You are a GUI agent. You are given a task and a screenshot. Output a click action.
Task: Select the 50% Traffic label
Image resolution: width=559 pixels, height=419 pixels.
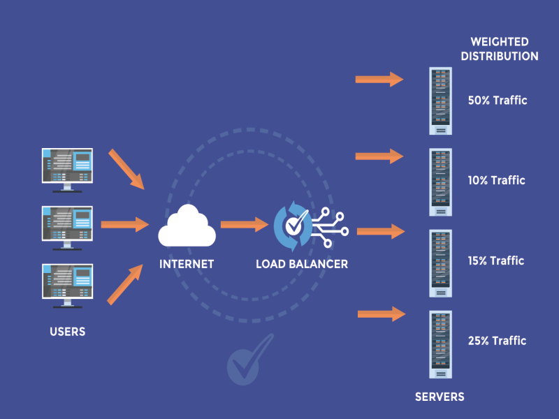[x=498, y=101]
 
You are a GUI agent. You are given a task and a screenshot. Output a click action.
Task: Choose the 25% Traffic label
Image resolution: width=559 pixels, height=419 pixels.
[x=497, y=341]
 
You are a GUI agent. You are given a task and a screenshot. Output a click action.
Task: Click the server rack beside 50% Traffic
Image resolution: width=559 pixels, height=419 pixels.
[x=440, y=101]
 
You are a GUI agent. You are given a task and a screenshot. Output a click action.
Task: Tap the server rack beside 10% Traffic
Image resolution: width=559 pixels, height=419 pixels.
[x=440, y=181]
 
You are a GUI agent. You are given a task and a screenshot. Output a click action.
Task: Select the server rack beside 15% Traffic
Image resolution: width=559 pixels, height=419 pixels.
[x=440, y=261]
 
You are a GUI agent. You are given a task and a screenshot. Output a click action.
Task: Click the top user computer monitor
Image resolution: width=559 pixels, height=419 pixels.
[x=67, y=168]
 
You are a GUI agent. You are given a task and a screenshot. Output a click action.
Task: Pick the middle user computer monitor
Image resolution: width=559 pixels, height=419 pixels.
[x=67, y=225]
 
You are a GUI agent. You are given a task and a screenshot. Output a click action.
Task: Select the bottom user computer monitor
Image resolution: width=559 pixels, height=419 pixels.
[x=67, y=283]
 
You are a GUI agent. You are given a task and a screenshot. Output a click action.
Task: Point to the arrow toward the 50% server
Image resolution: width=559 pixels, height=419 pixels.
[x=379, y=80]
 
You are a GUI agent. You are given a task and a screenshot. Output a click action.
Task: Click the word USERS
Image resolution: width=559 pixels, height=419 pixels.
[x=68, y=332]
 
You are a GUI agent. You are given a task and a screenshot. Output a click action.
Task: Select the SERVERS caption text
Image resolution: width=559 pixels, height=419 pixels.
[x=440, y=397]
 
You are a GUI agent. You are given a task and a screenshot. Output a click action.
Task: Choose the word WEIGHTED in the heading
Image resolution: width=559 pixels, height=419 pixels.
[x=500, y=42]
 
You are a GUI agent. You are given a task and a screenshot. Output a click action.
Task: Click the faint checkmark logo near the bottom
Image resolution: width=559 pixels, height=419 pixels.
[x=249, y=358]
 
